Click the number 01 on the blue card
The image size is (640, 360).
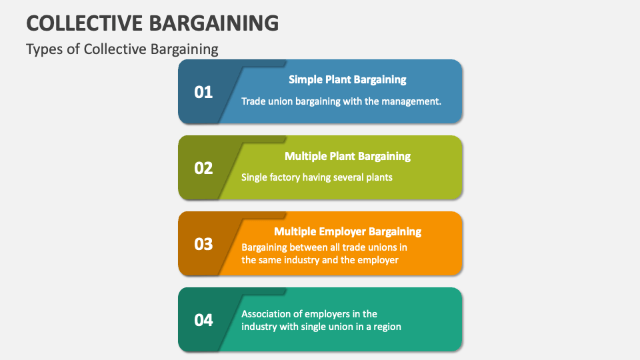[x=203, y=92]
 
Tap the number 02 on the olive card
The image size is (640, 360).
[x=203, y=168]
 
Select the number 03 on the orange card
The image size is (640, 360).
[x=203, y=244]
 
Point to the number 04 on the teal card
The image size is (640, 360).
[x=203, y=320]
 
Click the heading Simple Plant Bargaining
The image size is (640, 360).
[x=347, y=79]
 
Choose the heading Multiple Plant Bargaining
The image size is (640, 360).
[x=347, y=156]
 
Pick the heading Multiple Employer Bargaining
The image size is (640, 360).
[x=347, y=231]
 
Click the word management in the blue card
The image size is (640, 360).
[x=411, y=101]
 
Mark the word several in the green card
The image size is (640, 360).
[x=345, y=177]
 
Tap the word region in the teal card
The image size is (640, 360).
[x=387, y=327]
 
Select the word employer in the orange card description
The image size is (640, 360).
[x=379, y=260]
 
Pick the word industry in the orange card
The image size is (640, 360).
[x=302, y=260]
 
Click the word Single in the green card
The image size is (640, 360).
[x=253, y=177]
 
